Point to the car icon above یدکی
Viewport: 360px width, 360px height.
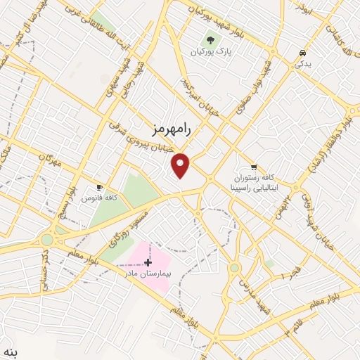[302, 53]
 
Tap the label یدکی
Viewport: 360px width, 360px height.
[302, 64]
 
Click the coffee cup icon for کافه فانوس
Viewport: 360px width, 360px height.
[99, 188]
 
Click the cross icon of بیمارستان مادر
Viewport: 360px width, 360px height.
[148, 262]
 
